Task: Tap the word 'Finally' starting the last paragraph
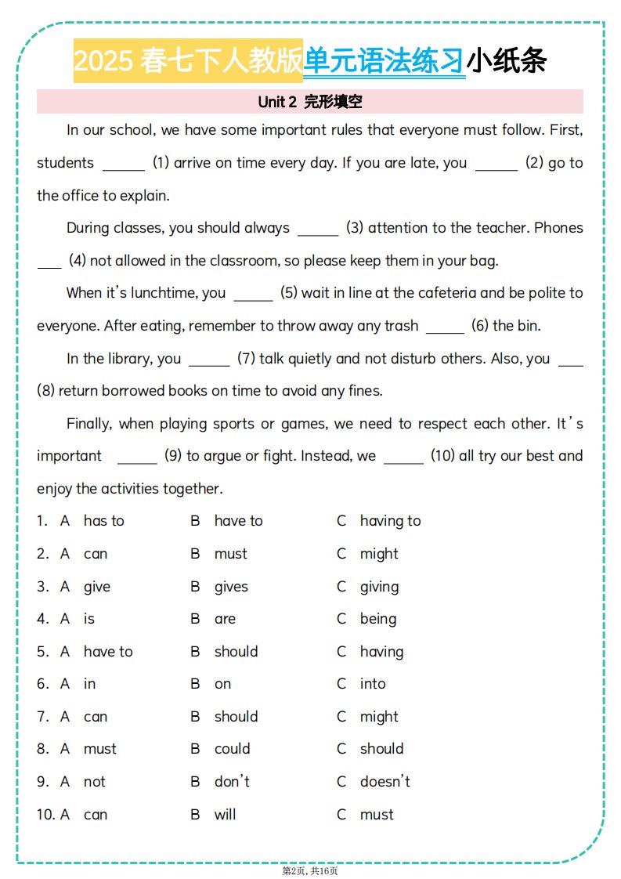(90, 424)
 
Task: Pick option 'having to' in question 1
(390, 521)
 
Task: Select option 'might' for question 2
(379, 554)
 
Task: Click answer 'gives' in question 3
(231, 587)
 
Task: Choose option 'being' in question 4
(377, 619)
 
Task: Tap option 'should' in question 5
(236, 652)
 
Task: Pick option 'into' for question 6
(373, 684)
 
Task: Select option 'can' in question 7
(96, 717)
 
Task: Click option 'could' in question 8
(232, 749)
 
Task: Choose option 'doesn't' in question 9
(385, 782)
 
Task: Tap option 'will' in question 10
(225, 815)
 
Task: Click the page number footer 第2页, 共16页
(310, 870)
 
